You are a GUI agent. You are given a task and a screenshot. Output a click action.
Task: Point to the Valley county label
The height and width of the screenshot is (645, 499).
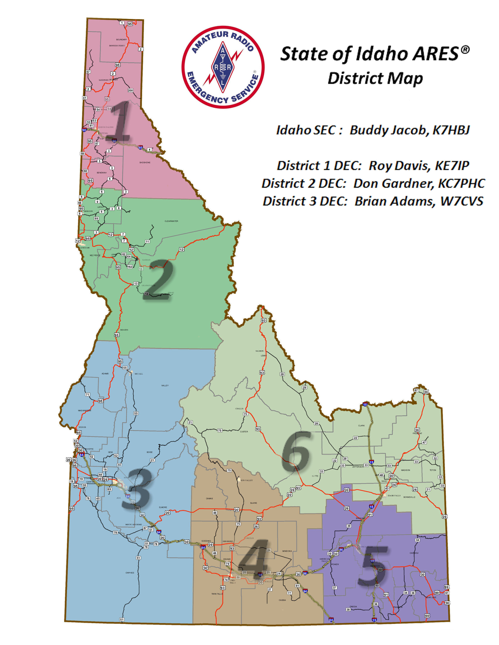(165, 385)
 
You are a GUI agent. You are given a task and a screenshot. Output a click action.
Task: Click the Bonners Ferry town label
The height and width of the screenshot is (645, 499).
(117, 46)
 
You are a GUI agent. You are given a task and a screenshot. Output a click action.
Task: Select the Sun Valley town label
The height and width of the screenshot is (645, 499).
(247, 480)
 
